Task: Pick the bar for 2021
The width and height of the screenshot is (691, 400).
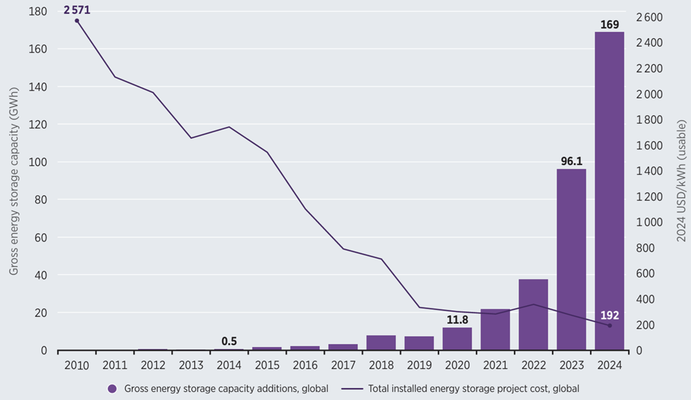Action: [x=495, y=329]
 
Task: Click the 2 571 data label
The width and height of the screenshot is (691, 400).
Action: [x=77, y=10]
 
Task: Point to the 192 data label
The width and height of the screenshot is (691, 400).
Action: [x=610, y=315]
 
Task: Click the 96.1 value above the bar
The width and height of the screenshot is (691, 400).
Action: [x=571, y=161]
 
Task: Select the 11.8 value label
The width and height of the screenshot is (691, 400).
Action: [x=457, y=320]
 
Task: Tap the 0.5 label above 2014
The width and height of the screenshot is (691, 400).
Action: [x=229, y=341]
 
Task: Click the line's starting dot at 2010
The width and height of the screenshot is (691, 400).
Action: [x=77, y=21]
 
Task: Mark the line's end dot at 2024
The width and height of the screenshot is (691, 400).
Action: [x=610, y=326]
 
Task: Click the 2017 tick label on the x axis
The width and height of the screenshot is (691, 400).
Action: [x=343, y=365]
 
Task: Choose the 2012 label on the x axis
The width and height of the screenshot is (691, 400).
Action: [x=153, y=365]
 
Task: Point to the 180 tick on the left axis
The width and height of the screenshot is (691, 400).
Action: [x=38, y=12]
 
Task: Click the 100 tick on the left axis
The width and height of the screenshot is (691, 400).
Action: [x=38, y=162]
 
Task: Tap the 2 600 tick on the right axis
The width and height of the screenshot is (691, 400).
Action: [x=649, y=17]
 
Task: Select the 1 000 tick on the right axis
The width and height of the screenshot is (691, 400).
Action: [x=649, y=222]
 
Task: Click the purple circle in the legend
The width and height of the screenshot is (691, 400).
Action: [x=112, y=389]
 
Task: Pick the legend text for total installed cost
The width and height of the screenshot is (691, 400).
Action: [x=473, y=389]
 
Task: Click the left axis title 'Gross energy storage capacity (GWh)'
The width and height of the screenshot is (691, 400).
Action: [x=13, y=181]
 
